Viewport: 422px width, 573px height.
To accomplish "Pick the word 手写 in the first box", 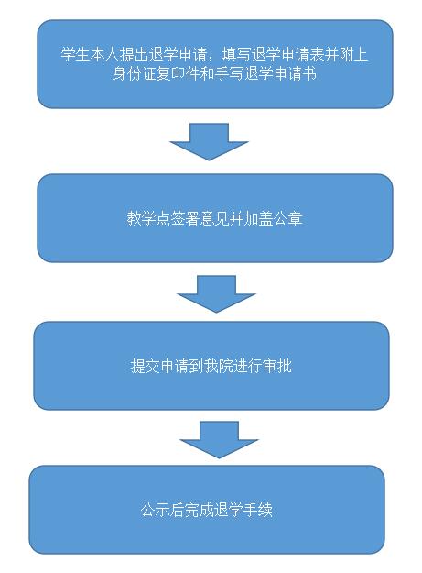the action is tap(229, 73).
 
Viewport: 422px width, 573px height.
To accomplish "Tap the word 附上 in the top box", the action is tap(353, 54).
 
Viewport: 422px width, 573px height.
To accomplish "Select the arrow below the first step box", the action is tap(209, 141).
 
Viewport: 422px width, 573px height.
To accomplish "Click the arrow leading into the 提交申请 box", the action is tap(216, 293).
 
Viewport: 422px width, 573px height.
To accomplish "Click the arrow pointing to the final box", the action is tap(219, 440).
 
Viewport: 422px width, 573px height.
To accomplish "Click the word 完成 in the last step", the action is tap(200, 510).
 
